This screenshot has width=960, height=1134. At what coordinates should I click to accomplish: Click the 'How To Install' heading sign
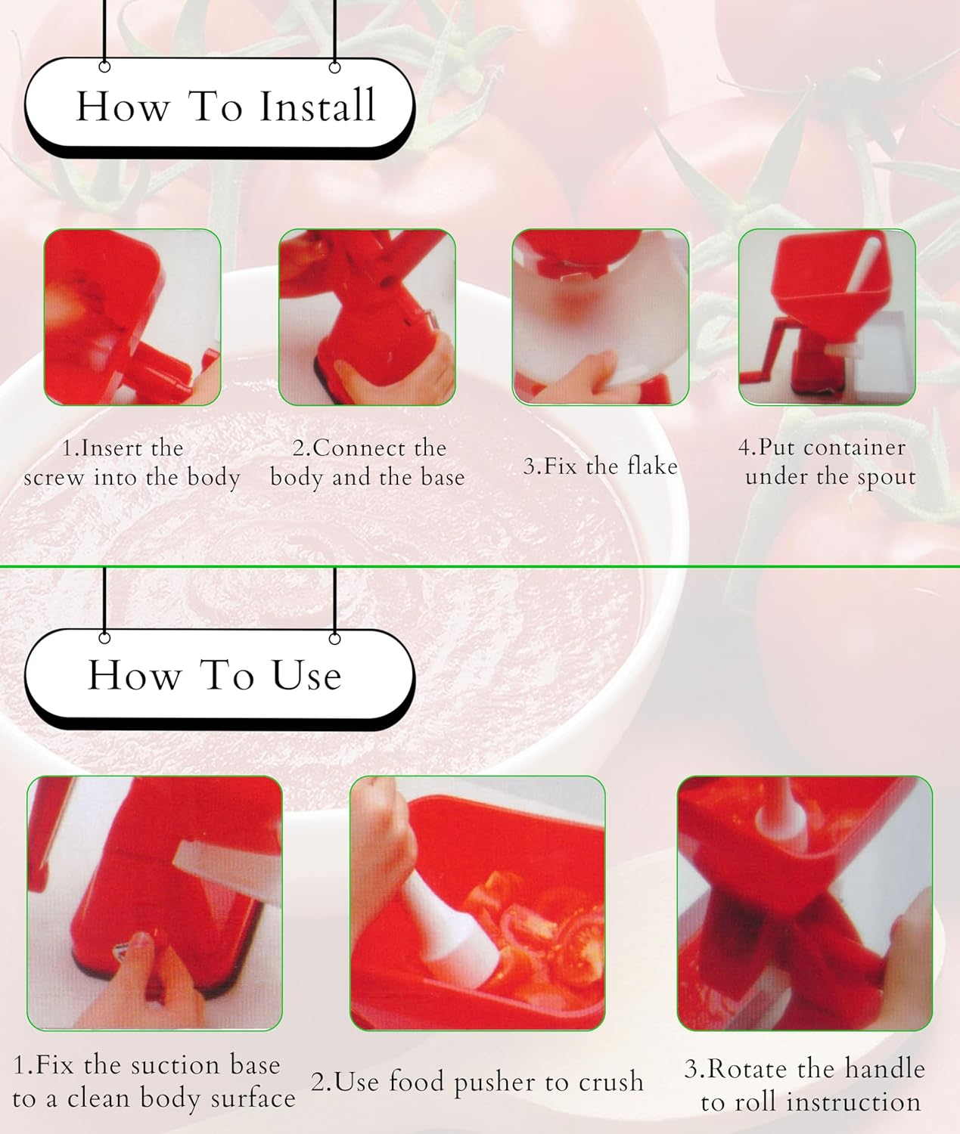219,106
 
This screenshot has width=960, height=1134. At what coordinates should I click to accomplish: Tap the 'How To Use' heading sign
219,675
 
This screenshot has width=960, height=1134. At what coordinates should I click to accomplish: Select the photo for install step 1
132,318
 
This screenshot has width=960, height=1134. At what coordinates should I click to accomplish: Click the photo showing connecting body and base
367,318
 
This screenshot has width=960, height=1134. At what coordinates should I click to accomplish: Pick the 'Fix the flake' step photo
601,318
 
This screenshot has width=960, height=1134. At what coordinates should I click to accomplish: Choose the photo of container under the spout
827,318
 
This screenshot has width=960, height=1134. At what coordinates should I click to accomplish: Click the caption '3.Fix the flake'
600,466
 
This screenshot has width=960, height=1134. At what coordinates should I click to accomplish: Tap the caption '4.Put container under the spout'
827,462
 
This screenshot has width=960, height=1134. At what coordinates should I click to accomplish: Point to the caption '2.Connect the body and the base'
367,463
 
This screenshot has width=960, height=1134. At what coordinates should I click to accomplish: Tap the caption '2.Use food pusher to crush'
477,1082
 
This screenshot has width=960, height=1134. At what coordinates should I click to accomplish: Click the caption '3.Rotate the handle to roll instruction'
806,1085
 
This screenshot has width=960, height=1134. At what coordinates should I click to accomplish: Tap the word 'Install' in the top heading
317,106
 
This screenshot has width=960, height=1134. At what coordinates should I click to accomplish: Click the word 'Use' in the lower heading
306,675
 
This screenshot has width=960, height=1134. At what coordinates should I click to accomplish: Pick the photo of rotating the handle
804,903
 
